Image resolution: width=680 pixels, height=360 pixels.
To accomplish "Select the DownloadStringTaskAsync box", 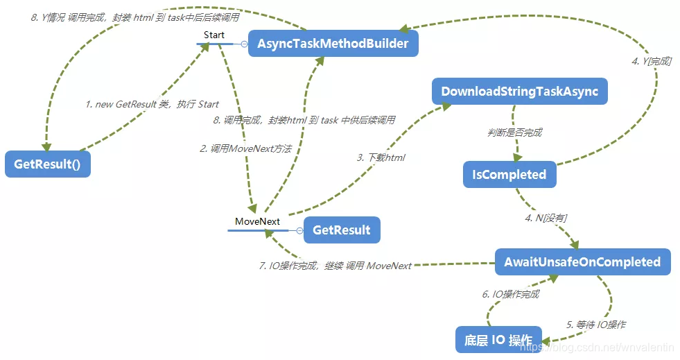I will coord(519,92).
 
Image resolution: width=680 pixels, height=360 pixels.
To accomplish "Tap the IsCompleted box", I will coord(509,175).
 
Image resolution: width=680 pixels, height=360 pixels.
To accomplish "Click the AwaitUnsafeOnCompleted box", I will coord(582,262).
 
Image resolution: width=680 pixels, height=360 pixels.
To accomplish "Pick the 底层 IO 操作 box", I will coord(498,340).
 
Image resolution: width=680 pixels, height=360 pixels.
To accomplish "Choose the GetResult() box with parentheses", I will coord(48,164).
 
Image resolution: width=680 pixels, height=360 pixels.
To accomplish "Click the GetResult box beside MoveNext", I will coord(342,230).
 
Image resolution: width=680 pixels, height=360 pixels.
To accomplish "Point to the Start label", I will coord(214,35).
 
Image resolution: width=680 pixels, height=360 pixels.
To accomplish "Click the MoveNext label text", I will coord(257,221).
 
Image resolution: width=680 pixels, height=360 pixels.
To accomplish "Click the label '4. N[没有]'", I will coord(546,218).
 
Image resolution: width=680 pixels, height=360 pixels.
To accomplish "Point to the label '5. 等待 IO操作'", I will coord(596,324).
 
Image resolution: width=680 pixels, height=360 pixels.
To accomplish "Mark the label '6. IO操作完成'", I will coord(511,294).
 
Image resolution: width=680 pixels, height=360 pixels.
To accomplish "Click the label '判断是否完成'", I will coord(515,132).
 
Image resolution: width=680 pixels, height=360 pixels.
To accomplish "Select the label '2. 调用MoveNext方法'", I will coord(245,148).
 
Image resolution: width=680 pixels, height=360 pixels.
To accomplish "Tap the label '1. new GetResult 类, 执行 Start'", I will coord(152,104).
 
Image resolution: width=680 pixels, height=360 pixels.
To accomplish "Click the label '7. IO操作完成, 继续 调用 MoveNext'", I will coord(335,266).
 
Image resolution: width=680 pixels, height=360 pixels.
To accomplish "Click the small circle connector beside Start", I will coord(244,44).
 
